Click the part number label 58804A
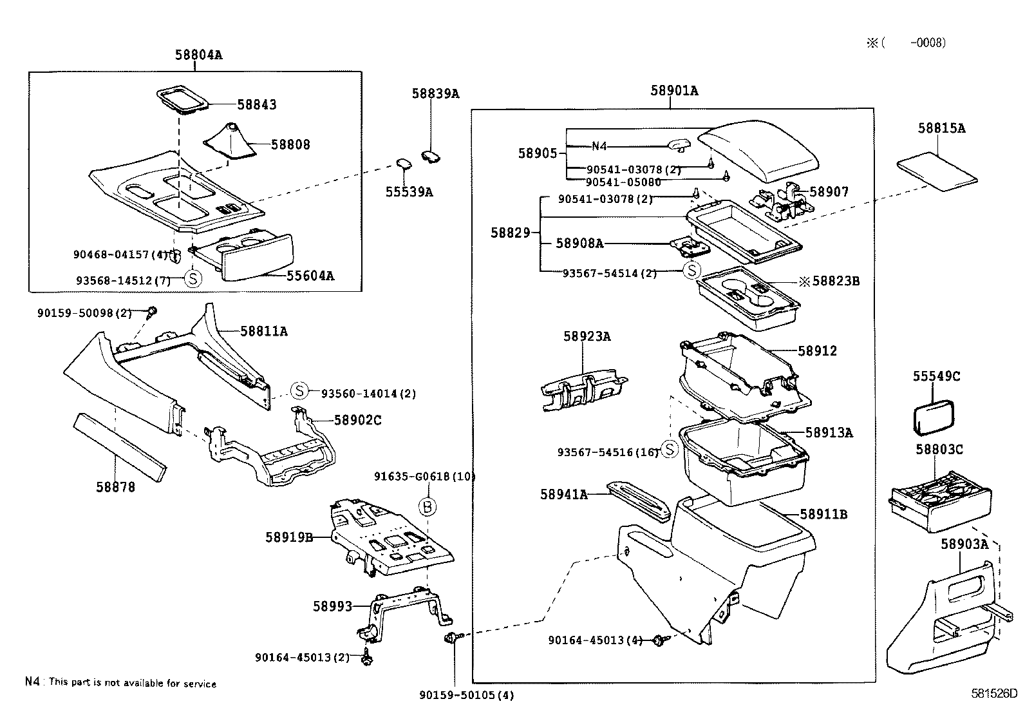(x=198, y=55)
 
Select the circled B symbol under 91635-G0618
(x=428, y=507)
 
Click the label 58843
(x=257, y=104)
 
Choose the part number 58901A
(x=673, y=91)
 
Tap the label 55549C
(x=936, y=376)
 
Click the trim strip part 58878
(x=120, y=446)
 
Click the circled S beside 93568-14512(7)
(x=193, y=279)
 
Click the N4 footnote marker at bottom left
(x=32, y=682)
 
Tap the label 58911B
(x=823, y=514)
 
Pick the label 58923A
(x=587, y=336)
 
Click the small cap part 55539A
(x=404, y=165)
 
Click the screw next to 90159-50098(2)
(x=153, y=312)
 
